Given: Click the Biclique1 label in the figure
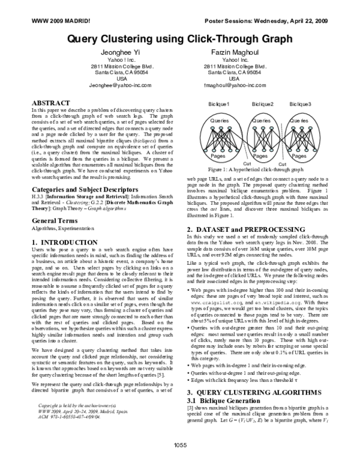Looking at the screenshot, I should [219, 105].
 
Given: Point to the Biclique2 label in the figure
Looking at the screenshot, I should [262, 105].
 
